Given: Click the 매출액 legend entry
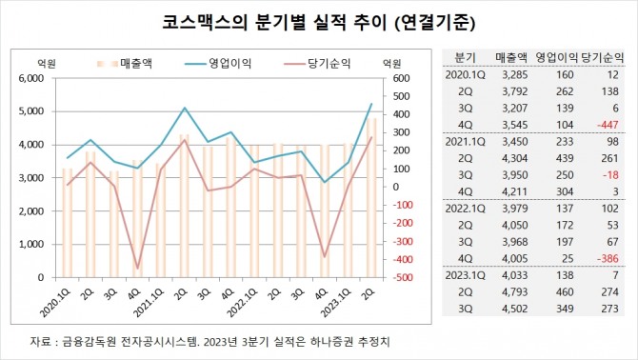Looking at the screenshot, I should point(132,64).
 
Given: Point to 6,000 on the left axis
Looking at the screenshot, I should point(31,78).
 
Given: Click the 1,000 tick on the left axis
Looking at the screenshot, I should point(31,244).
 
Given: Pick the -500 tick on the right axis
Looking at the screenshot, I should point(396,278).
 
